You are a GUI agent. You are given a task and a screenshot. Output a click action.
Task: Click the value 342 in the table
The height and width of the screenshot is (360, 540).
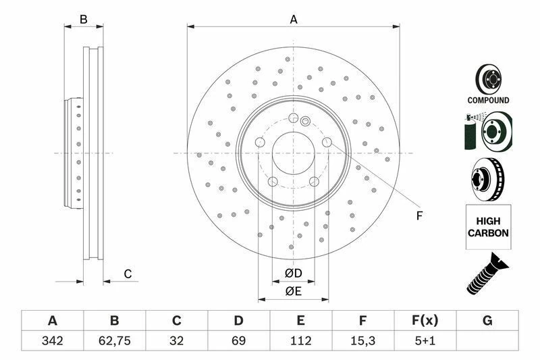[x=52, y=340]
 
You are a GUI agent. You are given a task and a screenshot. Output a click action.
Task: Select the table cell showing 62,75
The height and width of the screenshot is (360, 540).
[x=114, y=340]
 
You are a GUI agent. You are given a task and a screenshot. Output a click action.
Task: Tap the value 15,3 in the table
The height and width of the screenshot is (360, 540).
[x=362, y=340]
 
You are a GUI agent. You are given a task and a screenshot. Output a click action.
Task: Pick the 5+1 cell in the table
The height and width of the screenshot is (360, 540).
[x=425, y=340]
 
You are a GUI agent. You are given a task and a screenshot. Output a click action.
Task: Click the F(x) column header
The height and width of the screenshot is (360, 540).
[x=425, y=321]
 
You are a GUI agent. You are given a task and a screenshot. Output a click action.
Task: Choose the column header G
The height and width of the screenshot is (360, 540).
[x=487, y=321]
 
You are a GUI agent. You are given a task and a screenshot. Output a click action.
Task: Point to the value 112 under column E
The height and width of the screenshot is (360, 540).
[x=300, y=340]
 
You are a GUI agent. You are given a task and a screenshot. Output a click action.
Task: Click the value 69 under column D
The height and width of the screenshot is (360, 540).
[x=238, y=340]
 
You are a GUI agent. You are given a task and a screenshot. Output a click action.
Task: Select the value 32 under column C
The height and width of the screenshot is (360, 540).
[x=176, y=340]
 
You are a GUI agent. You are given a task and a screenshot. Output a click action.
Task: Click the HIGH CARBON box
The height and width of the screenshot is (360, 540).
[x=488, y=226]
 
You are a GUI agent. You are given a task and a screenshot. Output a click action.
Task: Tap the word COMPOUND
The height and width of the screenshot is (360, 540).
[x=488, y=100]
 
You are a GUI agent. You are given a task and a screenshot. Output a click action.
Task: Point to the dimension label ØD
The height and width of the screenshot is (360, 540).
[x=292, y=274]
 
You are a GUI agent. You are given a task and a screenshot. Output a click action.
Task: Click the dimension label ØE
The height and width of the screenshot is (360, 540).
[x=292, y=291]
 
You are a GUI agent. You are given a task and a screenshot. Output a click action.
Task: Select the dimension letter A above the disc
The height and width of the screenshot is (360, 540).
[x=294, y=20]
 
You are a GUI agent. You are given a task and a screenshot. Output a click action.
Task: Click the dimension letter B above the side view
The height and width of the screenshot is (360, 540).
[x=84, y=20]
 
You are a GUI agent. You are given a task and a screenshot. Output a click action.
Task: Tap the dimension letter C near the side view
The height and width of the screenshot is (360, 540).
[x=127, y=274]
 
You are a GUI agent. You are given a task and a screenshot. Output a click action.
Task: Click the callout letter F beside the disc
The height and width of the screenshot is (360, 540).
[x=418, y=215]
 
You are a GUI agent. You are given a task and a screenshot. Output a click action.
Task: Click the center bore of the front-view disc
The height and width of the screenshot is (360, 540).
[x=293, y=153]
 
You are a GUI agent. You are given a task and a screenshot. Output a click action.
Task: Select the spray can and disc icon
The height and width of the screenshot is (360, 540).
[x=488, y=132]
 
